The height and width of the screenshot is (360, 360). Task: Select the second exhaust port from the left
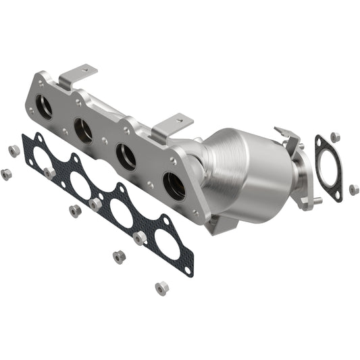(84, 131)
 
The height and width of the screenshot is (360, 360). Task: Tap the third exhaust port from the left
(126, 157)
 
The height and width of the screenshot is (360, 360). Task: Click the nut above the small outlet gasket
(336, 136)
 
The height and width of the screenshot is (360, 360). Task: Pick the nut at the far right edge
(354, 190)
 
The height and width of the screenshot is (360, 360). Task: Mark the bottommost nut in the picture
(161, 288)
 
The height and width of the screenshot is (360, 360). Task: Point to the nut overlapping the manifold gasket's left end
(49, 174)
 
